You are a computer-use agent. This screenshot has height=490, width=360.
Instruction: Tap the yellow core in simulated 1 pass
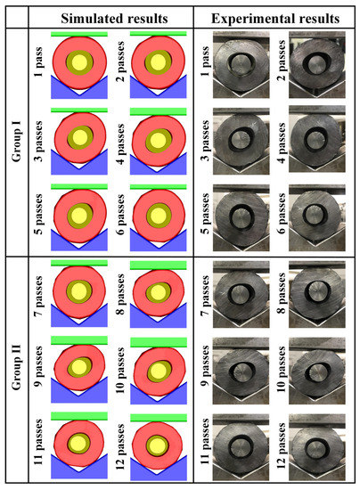(81, 61)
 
